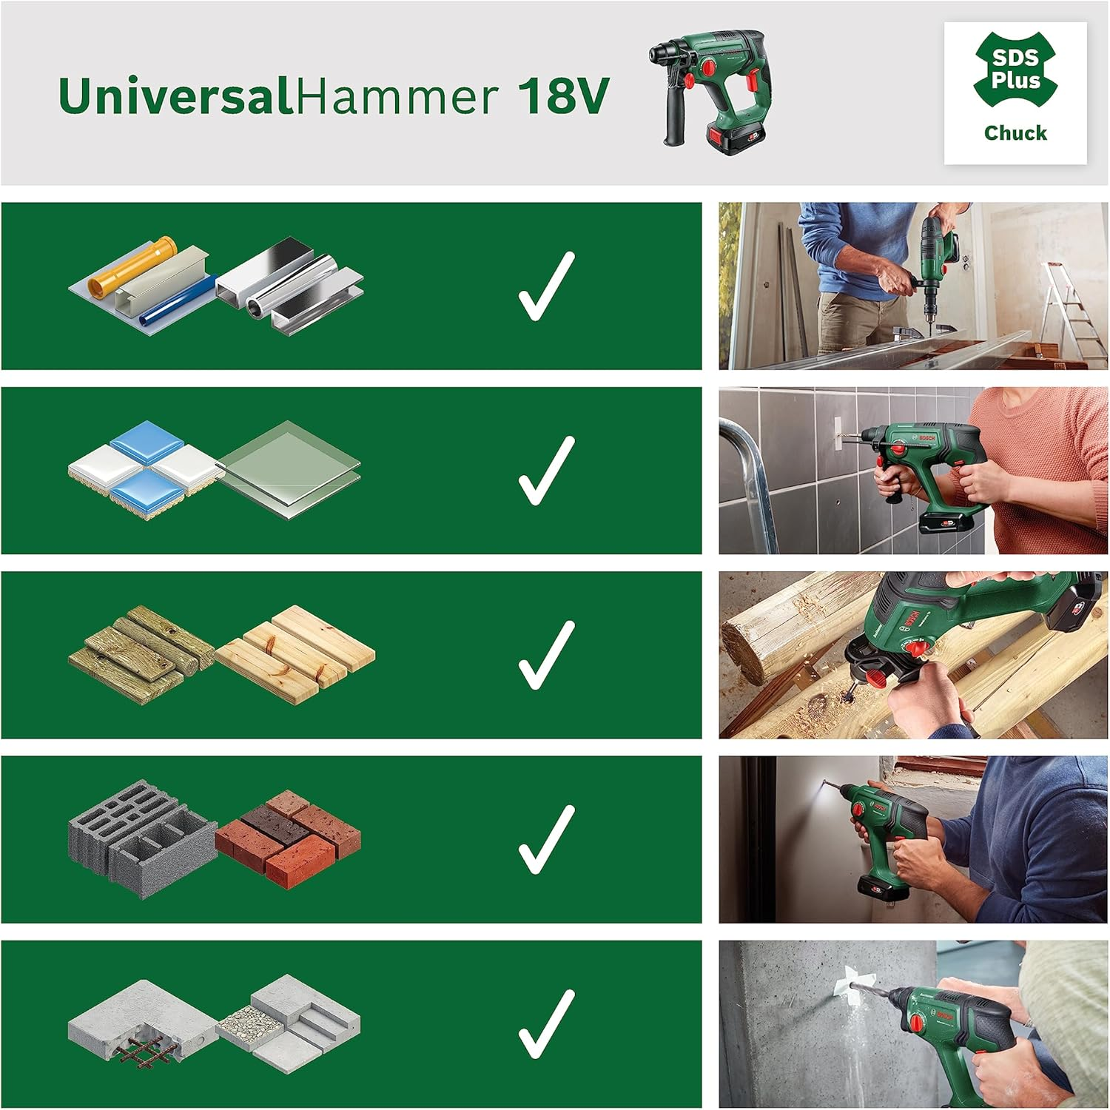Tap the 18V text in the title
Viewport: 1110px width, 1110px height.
click(563, 96)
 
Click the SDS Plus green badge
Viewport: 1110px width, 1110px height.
click(1015, 69)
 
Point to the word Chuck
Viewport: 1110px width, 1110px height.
click(1015, 133)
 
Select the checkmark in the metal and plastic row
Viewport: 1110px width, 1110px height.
click(546, 286)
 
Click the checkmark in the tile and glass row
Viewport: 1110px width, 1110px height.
click(546, 471)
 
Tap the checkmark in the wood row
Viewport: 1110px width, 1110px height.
click(546, 655)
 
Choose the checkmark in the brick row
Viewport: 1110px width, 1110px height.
click(546, 839)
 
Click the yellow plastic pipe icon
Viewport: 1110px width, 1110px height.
click(133, 266)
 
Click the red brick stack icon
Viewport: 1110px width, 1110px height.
click(289, 836)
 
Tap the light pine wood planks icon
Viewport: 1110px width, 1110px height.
click(296, 651)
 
